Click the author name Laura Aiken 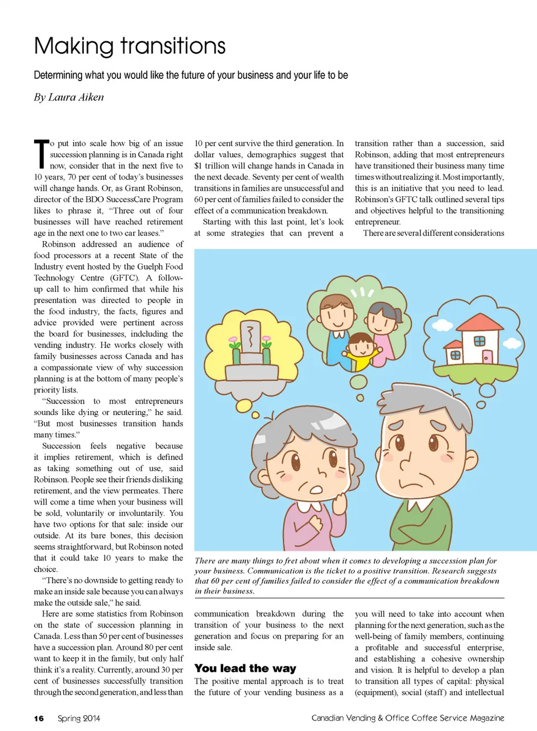tap(76, 97)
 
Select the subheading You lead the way tap(245, 668)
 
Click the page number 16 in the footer tap(39, 718)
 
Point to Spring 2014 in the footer tap(79, 718)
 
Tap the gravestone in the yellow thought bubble tap(251, 338)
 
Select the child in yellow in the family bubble tap(361, 352)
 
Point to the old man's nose tap(406, 461)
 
